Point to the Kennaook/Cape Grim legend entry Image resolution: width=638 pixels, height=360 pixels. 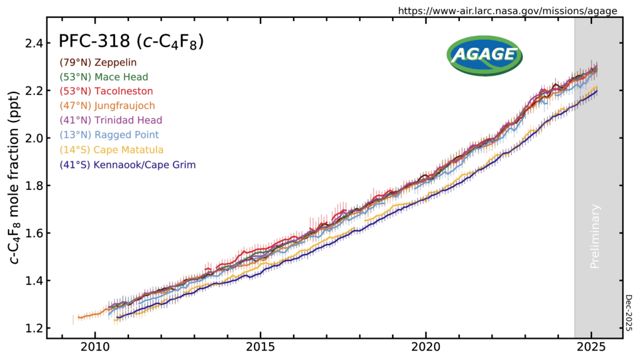128,164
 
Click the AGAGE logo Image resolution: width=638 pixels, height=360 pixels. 484,55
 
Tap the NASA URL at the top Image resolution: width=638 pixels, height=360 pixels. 508,11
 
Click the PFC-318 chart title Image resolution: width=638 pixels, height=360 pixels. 131,42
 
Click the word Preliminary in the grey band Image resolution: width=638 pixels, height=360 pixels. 595,236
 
